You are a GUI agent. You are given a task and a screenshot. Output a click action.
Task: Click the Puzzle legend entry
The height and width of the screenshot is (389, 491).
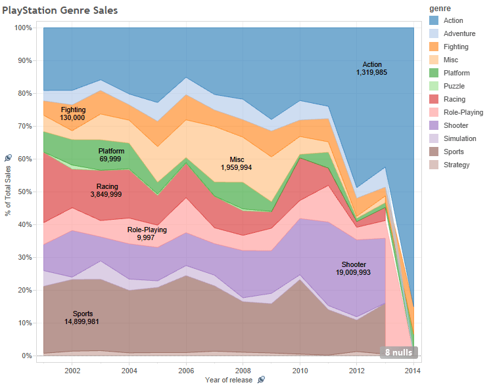point(454,86)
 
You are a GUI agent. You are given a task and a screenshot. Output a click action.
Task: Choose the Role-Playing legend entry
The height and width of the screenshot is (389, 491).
point(463,112)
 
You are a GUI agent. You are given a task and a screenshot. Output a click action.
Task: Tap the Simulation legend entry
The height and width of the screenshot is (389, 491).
point(459,138)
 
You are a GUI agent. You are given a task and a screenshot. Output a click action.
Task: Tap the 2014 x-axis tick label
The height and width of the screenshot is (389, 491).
point(413,369)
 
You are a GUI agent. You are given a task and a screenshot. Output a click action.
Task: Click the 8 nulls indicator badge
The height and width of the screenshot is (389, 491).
point(398,352)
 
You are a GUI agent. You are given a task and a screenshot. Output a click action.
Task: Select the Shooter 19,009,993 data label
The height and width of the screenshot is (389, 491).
point(354,268)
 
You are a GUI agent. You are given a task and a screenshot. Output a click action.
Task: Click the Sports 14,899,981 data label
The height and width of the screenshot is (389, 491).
point(83,317)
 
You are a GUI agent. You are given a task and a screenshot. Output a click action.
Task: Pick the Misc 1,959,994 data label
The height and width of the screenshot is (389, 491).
point(236,163)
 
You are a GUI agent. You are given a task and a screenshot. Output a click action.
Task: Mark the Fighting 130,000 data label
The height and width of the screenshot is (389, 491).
point(72,113)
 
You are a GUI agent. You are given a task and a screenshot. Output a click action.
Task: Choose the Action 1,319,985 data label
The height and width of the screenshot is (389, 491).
point(371,68)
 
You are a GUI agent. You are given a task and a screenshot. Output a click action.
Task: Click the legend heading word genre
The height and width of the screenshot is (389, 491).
point(440,8)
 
